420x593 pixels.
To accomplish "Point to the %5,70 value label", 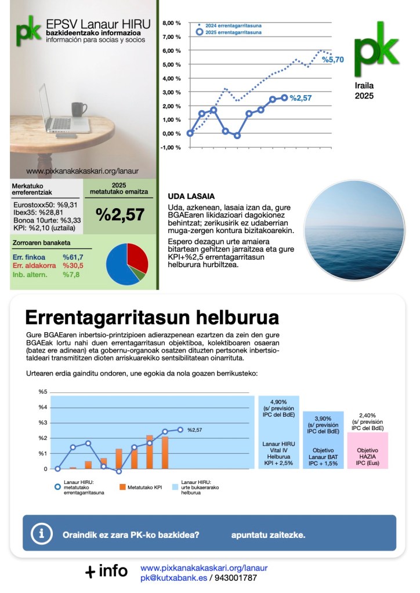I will click(333, 59).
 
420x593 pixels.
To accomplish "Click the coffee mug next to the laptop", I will click(78, 110).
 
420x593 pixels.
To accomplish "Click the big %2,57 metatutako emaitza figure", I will click(120, 214).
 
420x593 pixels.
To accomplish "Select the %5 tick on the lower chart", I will click(42, 392).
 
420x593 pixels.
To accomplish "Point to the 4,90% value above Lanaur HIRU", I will click(278, 401).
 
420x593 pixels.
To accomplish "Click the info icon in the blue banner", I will click(41, 533).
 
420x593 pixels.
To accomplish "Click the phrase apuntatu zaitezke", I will click(267, 534).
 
